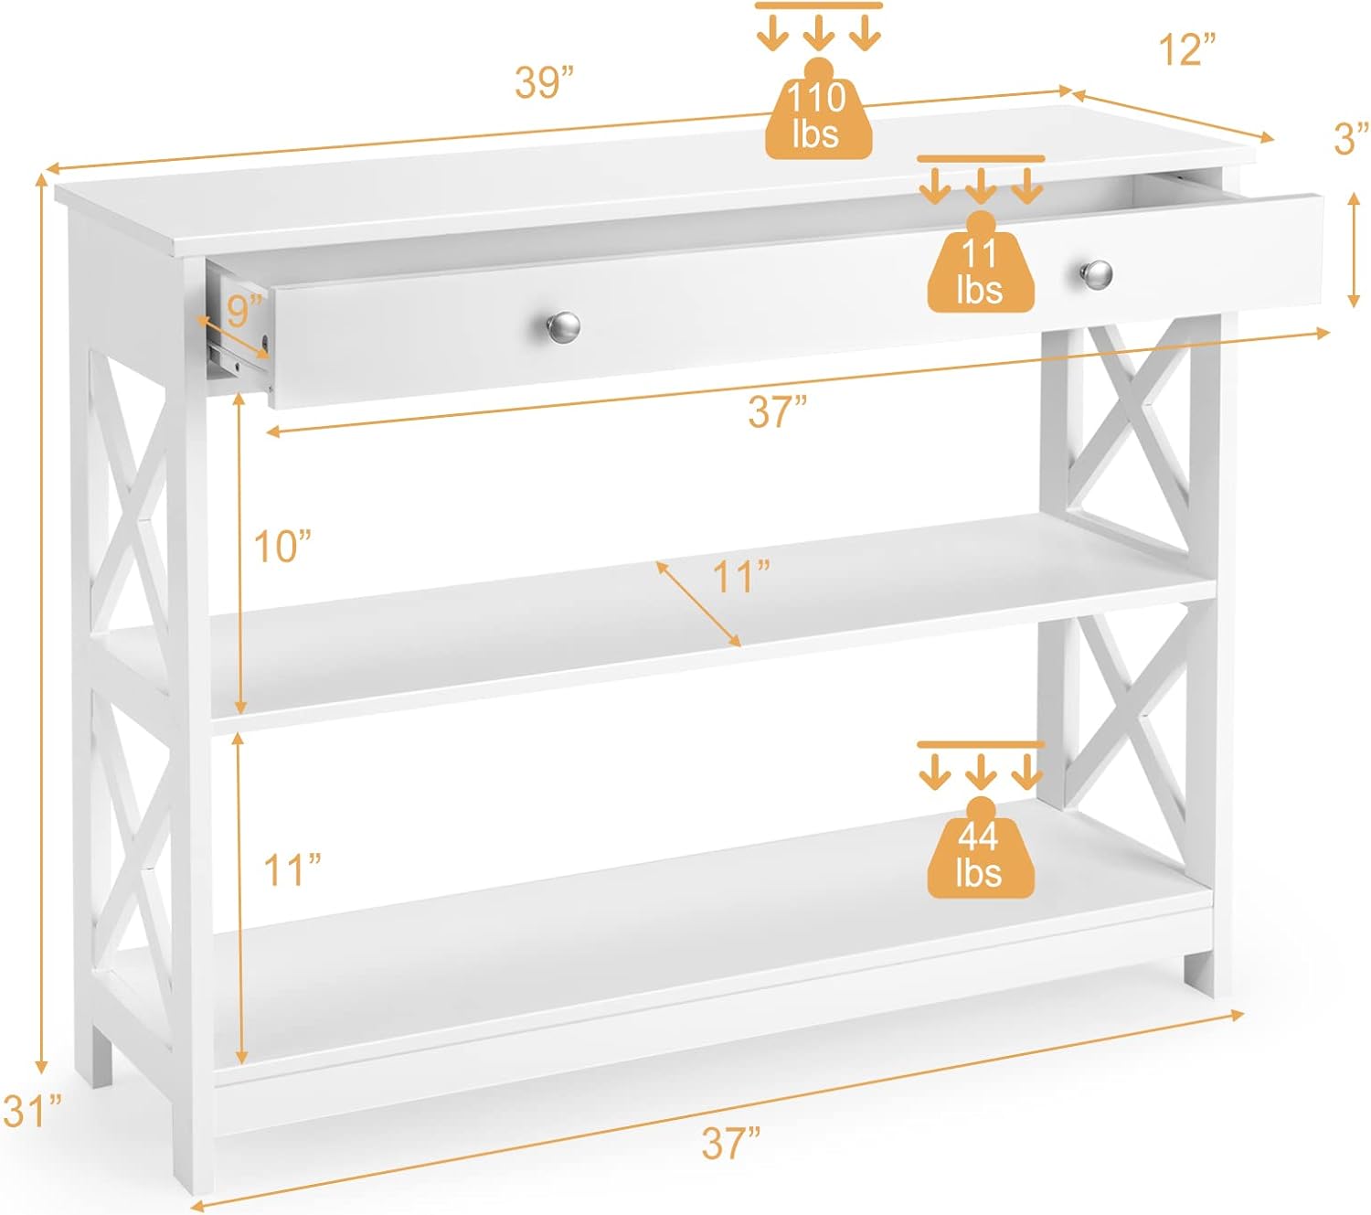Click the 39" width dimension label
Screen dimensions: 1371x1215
point(544,82)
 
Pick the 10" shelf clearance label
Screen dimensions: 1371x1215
point(282,546)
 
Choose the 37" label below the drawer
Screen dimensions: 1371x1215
point(778,411)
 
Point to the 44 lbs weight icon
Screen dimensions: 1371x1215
point(980,848)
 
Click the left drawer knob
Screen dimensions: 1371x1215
point(563,327)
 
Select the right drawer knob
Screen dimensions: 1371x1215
point(1097,275)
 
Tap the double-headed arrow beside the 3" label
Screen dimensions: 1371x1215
point(1354,250)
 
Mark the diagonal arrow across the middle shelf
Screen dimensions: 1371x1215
point(698,603)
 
